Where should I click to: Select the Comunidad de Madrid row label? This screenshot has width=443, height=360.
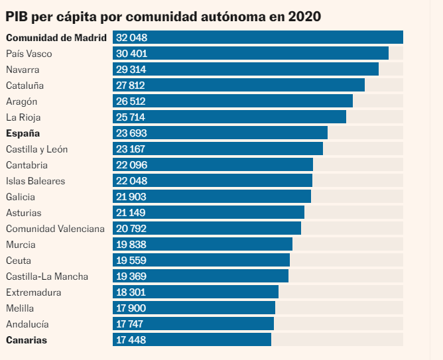click(x=56, y=38)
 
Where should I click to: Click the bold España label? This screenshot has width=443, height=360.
click(x=23, y=133)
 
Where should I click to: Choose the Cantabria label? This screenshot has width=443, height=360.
click(x=27, y=165)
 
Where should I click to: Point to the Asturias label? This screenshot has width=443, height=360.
click(x=24, y=213)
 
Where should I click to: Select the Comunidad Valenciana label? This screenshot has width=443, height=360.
click(x=55, y=229)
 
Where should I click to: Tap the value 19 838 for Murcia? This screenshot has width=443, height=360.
click(x=130, y=245)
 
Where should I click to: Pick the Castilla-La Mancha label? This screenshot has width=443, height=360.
click(x=47, y=276)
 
